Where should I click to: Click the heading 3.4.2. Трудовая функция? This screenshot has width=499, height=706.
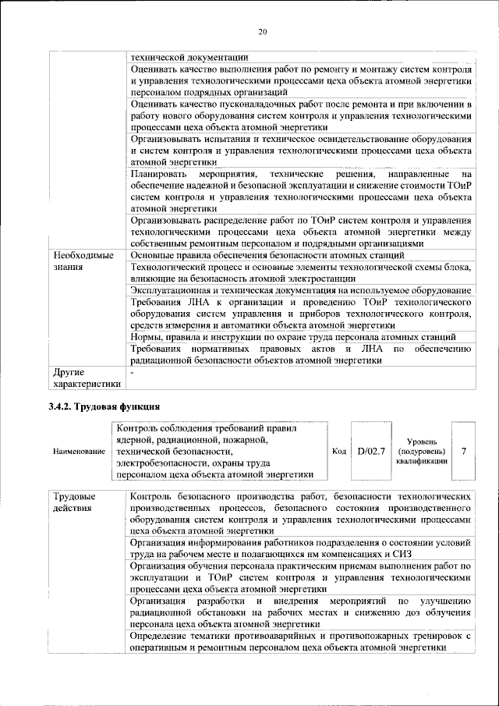pyautogui.click(x=104, y=406)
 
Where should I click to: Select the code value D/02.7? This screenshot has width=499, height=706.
pyautogui.click(x=371, y=451)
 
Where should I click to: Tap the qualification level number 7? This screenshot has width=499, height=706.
pyautogui.click(x=464, y=451)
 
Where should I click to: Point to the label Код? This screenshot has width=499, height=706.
pyautogui.click(x=339, y=452)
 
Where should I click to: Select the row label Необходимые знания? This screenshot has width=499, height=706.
pyautogui.click(x=83, y=261)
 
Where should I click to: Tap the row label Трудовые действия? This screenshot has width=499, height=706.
pyautogui.click(x=74, y=502)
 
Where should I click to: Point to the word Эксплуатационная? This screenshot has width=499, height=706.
pyautogui.click(x=175, y=289)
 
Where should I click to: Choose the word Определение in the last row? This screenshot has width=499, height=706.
pyautogui.click(x=164, y=636)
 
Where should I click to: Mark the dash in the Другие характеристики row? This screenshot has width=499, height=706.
pyautogui.click(x=133, y=373)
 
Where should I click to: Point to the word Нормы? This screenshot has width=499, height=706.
pyautogui.click(x=147, y=336)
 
